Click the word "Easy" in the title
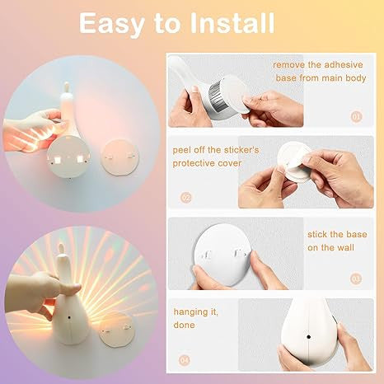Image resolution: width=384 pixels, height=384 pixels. (112, 25)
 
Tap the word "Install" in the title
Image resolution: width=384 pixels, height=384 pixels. (232, 23)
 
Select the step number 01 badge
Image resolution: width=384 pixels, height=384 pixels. (356, 117)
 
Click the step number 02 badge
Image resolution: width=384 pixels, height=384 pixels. (186, 198)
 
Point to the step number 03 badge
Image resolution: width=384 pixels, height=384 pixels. (356, 279)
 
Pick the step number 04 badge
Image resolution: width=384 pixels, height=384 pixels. (185, 360)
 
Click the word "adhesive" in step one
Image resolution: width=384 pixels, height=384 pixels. (344, 65)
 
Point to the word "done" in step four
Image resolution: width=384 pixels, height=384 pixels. (184, 325)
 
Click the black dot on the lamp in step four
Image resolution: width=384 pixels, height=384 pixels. (309, 337)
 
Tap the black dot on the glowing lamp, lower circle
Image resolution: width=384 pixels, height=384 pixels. (68, 317)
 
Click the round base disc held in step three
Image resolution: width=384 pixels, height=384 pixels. (222, 255)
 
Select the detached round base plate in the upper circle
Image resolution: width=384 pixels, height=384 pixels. (119, 157)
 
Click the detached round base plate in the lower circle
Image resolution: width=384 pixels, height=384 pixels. (117, 329)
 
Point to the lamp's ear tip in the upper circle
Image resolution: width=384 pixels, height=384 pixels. (66, 83)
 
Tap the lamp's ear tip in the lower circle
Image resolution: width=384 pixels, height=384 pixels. (60, 245)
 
